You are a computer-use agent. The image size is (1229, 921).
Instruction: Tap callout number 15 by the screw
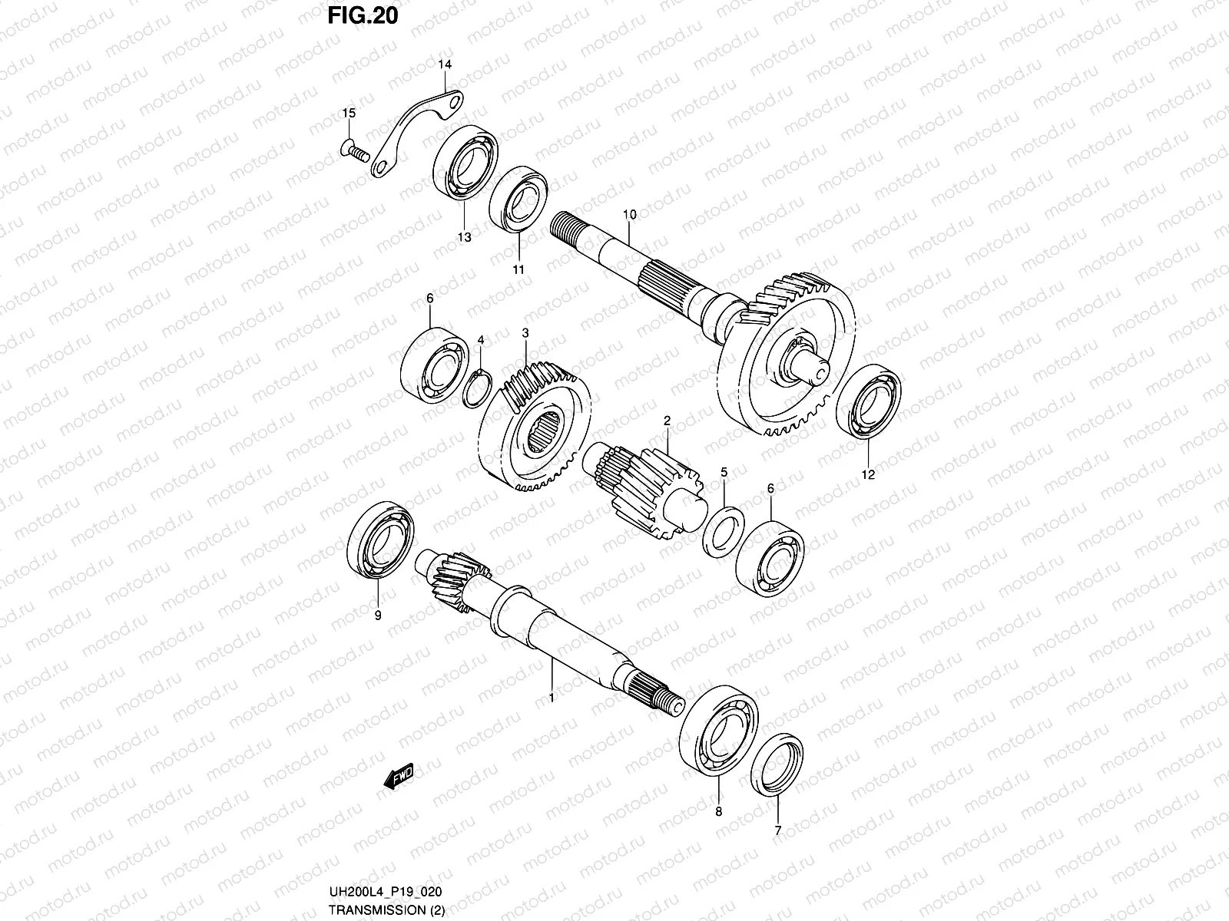[x=349, y=114]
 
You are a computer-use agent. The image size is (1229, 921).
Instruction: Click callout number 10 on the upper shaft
[x=630, y=215]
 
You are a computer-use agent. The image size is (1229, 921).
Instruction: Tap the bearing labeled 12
[x=868, y=401]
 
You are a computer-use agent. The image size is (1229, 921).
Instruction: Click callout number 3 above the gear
[x=525, y=333]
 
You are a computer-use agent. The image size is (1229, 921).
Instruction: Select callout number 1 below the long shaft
[x=551, y=698]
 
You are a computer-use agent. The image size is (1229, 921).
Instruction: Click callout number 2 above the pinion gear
[x=667, y=421]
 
